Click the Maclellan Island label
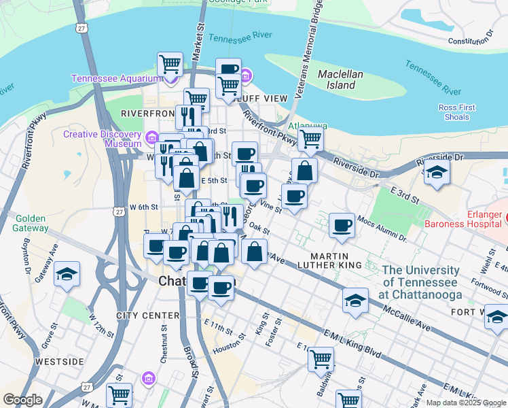click(342, 80)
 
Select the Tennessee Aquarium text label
click(115, 78)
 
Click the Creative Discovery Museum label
click(102, 139)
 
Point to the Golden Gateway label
click(29, 224)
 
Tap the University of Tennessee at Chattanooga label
click(422, 282)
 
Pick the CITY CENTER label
click(148, 316)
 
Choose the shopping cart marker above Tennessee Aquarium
click(170, 65)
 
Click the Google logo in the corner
click(22, 400)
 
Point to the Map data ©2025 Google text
click(465, 403)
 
